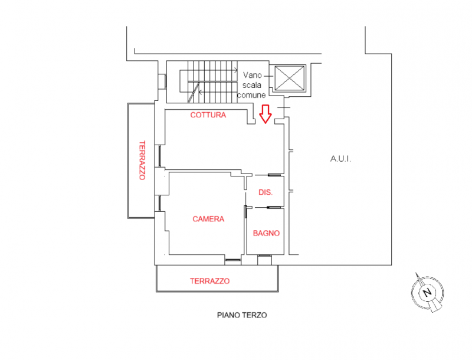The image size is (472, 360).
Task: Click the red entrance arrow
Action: (265, 113)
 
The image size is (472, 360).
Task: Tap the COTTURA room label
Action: (208, 115)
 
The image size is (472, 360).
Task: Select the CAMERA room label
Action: (208, 219)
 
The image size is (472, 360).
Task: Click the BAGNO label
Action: (266, 233)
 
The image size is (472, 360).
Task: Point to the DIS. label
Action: (265, 193)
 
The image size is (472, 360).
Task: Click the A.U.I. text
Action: (340, 159)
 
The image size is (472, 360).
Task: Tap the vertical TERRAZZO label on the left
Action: (142, 160)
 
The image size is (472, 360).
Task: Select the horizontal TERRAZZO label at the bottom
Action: (209, 282)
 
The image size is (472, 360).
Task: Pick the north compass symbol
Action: (427, 293)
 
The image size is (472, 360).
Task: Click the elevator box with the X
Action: (289, 78)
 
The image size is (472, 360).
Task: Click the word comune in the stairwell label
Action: (251, 94)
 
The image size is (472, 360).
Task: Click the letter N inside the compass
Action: (427, 293)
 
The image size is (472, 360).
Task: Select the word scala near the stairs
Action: (253, 84)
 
